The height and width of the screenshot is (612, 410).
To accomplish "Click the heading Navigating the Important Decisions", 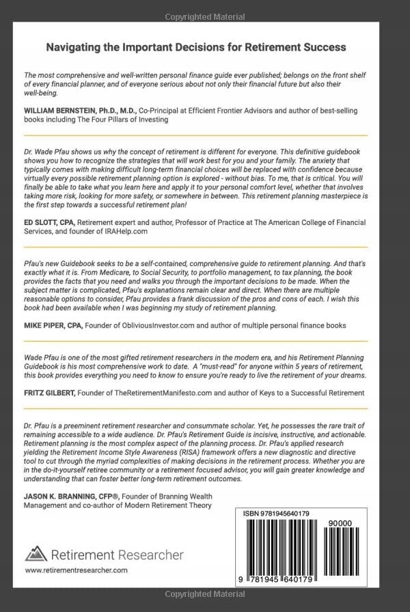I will point(195,47).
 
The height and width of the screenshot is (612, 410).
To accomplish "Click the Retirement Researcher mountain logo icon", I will point(36,553).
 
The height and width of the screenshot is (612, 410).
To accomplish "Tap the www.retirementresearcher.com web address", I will point(76,570).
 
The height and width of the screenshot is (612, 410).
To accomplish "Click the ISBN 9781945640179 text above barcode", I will point(277,513).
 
